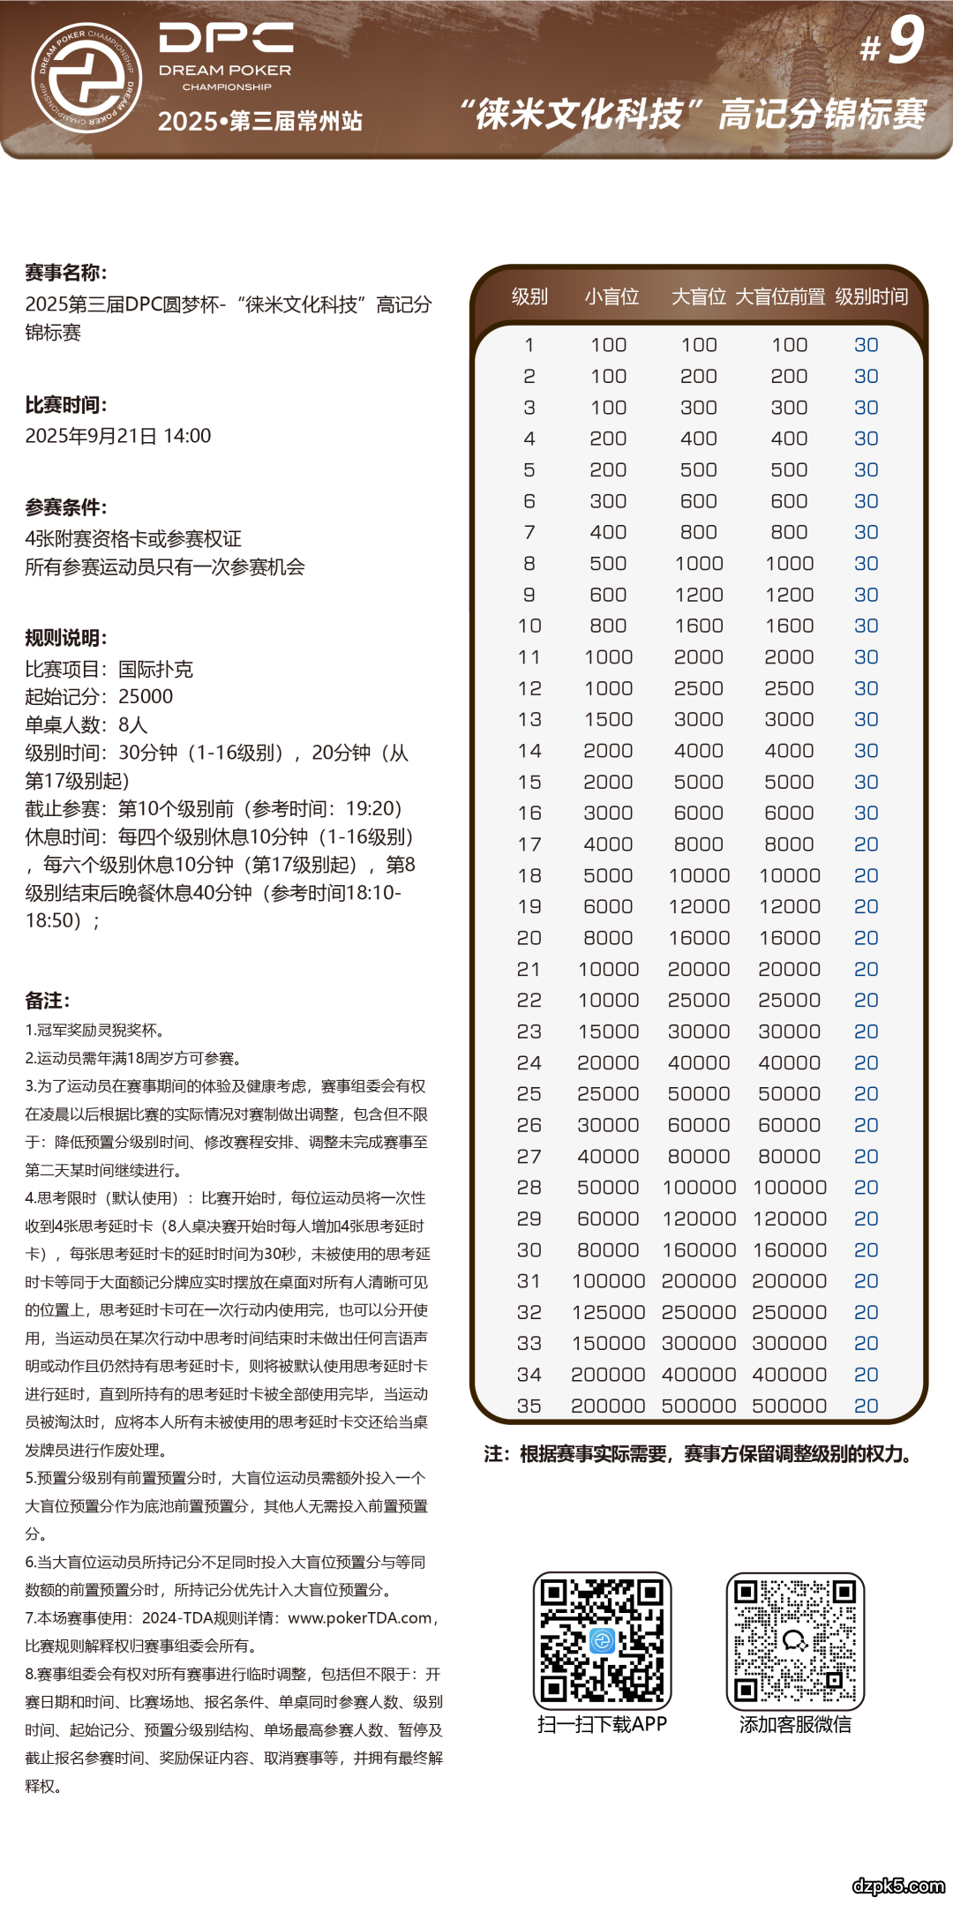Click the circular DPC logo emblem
(86, 78)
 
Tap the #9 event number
(893, 41)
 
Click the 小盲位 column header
(611, 296)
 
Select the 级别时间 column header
(871, 296)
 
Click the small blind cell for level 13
(608, 719)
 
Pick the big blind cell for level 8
(699, 563)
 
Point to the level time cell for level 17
(866, 844)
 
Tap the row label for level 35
(529, 1406)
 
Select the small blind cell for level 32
(608, 1312)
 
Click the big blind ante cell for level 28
(789, 1188)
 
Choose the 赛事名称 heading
(66, 273)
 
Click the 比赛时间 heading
(66, 405)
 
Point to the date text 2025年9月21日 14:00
(118, 436)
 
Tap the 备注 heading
(48, 1001)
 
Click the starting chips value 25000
(146, 696)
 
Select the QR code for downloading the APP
(602, 1640)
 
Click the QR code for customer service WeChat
(795, 1640)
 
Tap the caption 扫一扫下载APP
(602, 1724)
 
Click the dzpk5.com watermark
(897, 1886)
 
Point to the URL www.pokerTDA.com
(360, 1617)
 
